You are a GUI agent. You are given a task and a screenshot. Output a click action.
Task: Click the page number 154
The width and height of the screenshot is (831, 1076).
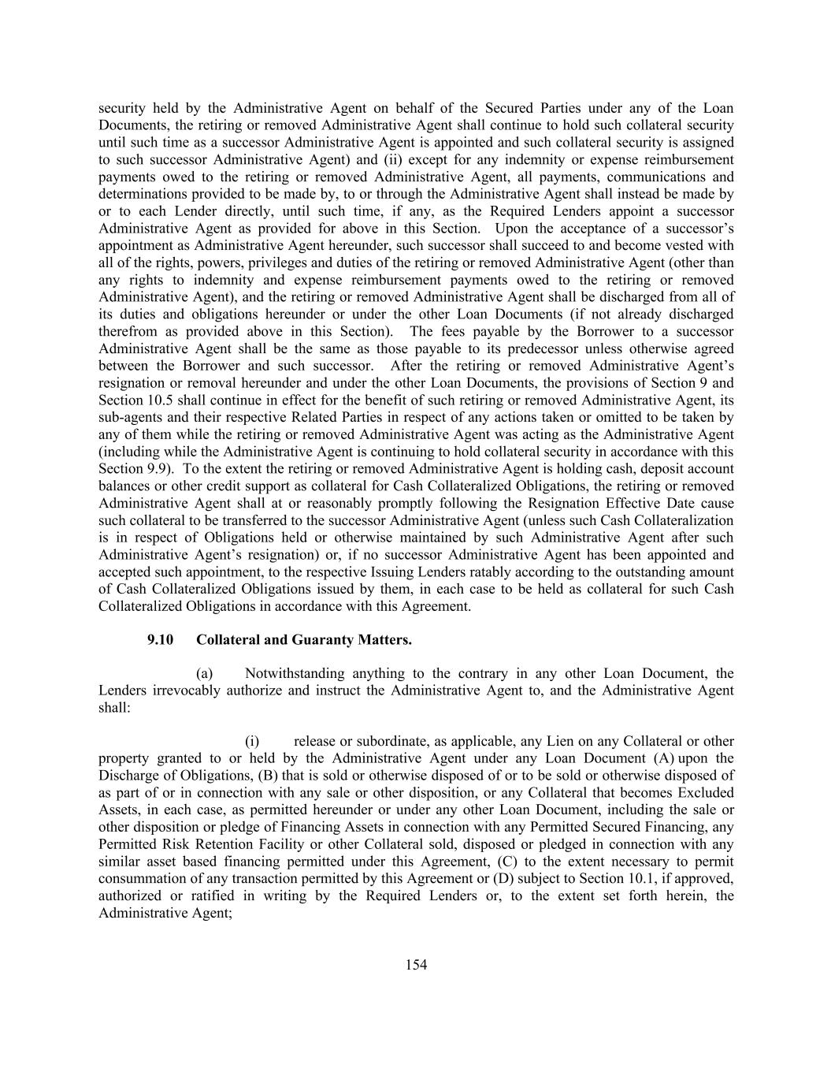(x=416, y=965)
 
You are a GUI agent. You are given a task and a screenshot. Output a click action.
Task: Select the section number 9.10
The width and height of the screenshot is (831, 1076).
(x=160, y=639)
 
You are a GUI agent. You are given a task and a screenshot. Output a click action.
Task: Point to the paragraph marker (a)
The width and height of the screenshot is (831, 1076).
(x=204, y=673)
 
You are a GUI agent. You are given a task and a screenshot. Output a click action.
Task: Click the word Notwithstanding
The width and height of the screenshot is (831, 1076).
(x=295, y=673)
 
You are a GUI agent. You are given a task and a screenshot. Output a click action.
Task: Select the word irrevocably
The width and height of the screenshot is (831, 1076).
(x=187, y=691)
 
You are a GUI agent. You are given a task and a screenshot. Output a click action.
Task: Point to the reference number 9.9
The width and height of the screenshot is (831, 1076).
(x=157, y=469)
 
